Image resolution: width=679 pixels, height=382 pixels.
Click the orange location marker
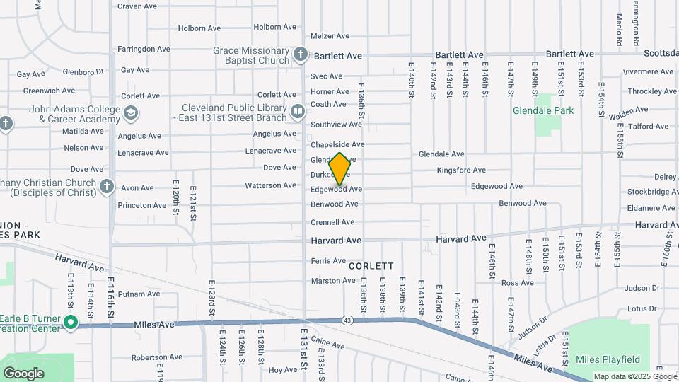339,168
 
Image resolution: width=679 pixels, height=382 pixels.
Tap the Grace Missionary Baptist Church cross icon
301,54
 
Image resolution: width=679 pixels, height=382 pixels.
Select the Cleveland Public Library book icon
298,111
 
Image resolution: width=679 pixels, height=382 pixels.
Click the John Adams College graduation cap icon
130,113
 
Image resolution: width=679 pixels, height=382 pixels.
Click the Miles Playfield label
608,359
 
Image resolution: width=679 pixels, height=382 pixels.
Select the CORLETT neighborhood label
371,266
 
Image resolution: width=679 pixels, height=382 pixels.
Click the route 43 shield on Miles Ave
347,320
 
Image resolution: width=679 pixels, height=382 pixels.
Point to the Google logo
23,374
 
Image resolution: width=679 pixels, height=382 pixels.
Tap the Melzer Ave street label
330,36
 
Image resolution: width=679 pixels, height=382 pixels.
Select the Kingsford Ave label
461,170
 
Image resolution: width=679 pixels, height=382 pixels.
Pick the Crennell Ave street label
332,222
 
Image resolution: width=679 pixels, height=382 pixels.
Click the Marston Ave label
333,281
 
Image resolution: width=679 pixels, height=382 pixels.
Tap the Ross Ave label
517,283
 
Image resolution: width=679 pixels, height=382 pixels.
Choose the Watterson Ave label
270,186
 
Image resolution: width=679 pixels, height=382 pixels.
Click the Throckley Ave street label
652,91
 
